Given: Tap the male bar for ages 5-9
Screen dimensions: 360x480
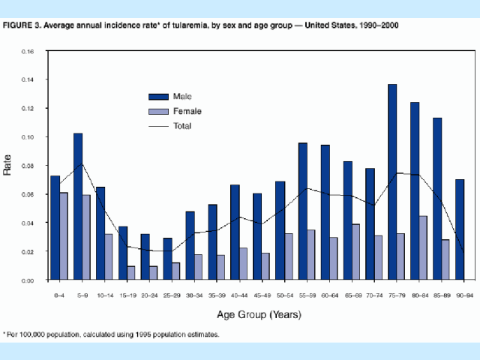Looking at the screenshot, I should click(78, 206).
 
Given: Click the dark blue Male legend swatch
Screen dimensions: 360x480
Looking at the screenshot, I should click(158, 96).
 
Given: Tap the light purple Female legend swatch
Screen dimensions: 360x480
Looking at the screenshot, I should click(158, 111).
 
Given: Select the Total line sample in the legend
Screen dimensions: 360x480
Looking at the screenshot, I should click(158, 125).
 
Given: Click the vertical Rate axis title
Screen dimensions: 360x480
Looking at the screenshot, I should click(8, 166).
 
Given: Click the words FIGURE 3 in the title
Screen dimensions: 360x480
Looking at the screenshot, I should click(22, 25).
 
